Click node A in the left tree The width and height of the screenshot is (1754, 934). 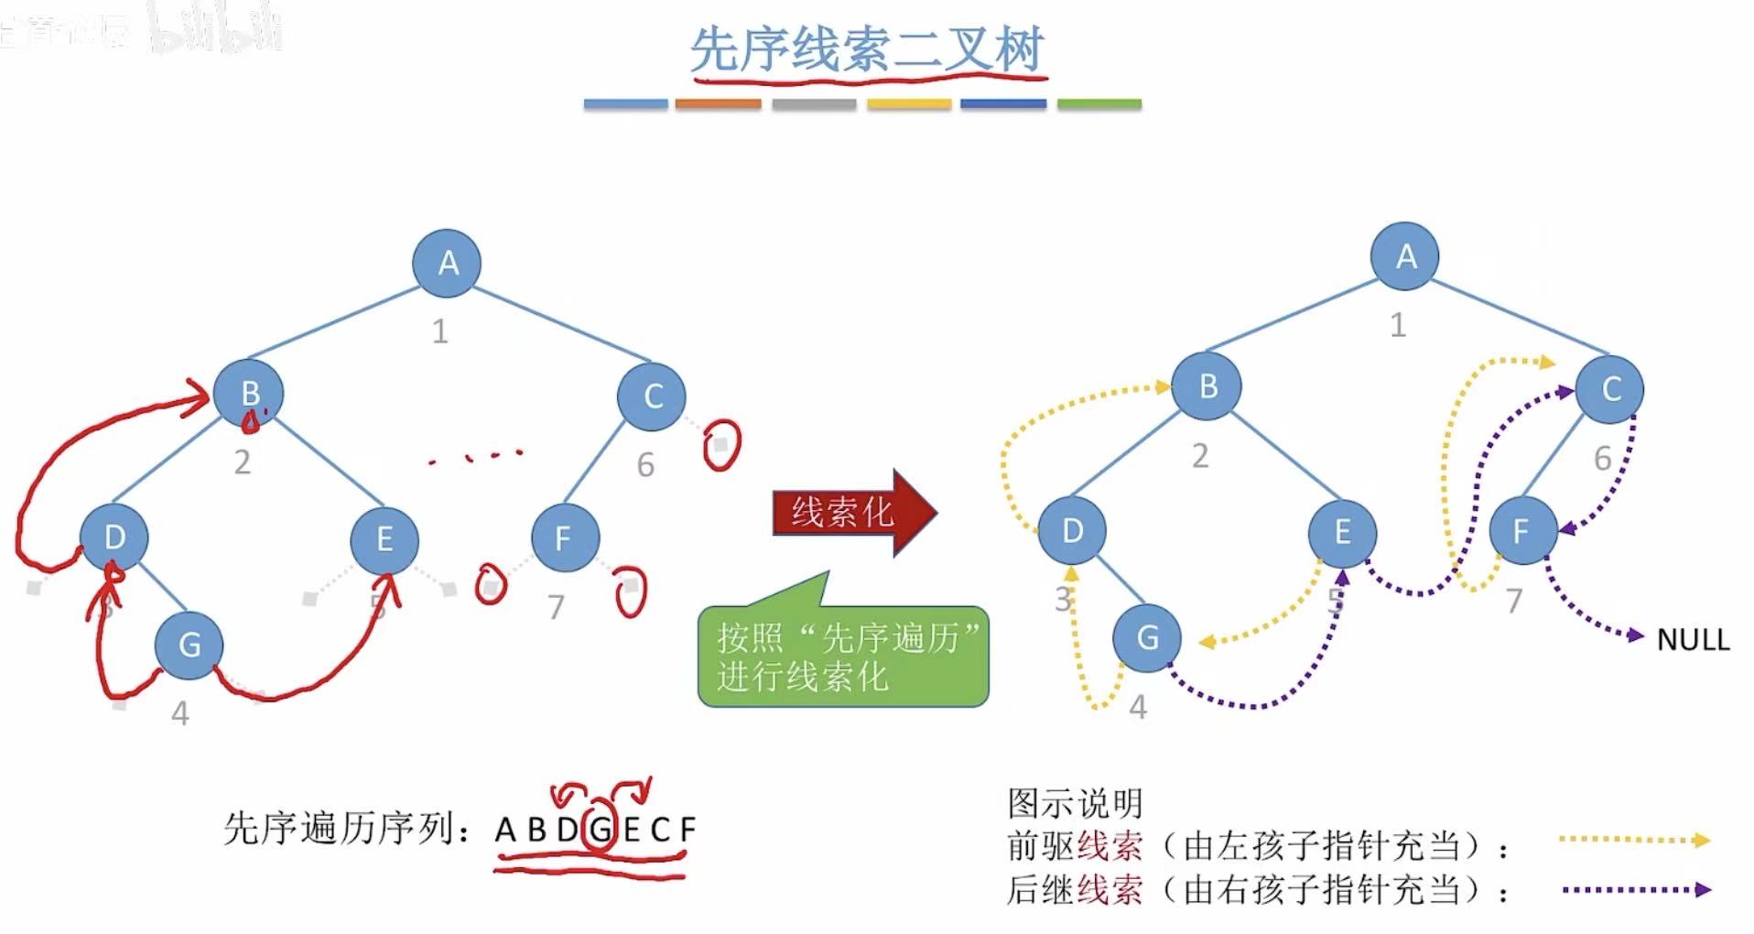(x=447, y=263)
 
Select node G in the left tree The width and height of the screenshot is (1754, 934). (x=189, y=645)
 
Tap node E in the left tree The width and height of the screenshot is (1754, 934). (x=384, y=539)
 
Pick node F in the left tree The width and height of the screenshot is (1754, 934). (x=565, y=538)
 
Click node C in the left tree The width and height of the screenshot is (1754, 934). (x=652, y=396)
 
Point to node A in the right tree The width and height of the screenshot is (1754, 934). (x=1405, y=256)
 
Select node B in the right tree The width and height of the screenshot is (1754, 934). (x=1207, y=386)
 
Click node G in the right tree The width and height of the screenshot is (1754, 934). (x=1147, y=637)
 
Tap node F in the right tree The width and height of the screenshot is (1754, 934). (x=1522, y=530)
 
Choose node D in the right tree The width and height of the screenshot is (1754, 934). (x=1072, y=530)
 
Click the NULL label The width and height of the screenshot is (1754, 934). (x=1693, y=639)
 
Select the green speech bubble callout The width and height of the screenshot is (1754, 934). (x=843, y=657)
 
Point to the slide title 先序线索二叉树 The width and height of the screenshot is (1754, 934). (x=866, y=49)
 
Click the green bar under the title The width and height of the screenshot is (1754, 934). (x=1099, y=104)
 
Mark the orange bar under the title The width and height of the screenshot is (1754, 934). (x=718, y=104)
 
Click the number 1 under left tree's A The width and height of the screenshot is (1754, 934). (x=440, y=331)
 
